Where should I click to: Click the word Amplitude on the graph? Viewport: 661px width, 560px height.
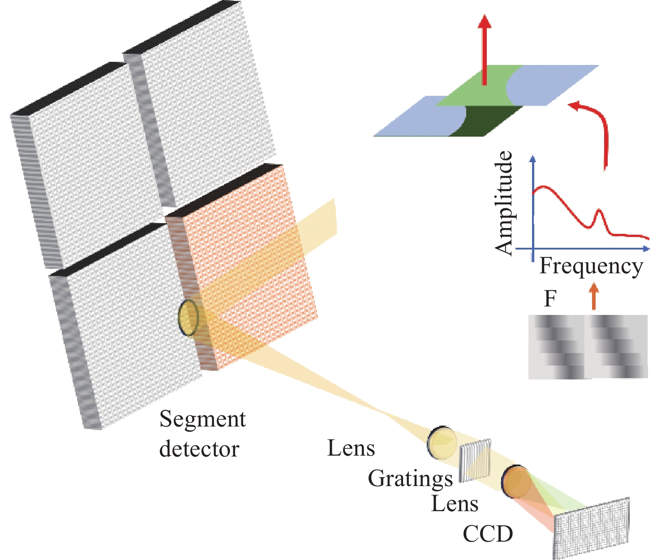pos(505,203)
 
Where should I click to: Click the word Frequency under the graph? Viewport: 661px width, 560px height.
pos(591,267)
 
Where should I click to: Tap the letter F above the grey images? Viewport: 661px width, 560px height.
pos(550,298)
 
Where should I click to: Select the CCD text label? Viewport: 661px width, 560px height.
pos(488,534)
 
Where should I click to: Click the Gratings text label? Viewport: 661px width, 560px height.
pos(410,479)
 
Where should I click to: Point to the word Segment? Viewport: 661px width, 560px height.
pos(202,420)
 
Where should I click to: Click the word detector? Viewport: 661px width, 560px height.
pos(199,449)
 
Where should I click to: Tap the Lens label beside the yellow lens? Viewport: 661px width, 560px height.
pos(351,448)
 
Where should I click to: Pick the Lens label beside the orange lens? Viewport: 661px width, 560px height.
pos(455,504)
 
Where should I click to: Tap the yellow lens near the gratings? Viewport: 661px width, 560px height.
pos(442,443)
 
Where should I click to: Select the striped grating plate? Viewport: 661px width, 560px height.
pos(476,460)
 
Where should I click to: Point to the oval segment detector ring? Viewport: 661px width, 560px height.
pos(188,318)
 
